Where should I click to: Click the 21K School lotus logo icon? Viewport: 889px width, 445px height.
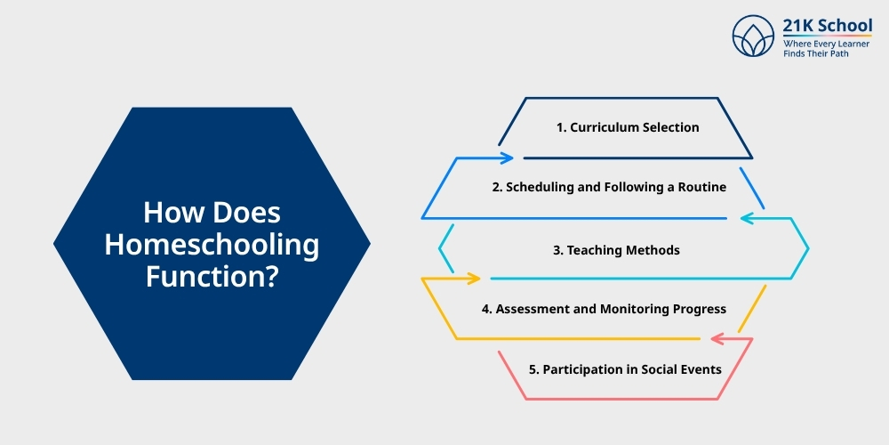[754, 36]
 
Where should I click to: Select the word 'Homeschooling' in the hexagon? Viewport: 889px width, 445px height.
[212, 245]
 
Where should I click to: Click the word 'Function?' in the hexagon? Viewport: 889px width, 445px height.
[212, 275]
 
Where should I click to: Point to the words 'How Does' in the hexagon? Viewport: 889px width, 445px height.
[212, 214]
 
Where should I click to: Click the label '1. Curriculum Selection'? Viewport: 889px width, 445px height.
[628, 127]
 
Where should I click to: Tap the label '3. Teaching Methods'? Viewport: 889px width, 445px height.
[616, 250]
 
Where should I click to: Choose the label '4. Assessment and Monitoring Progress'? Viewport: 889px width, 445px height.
[604, 309]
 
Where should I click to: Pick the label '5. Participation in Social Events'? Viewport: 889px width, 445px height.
[625, 368]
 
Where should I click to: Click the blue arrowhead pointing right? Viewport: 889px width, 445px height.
[507, 158]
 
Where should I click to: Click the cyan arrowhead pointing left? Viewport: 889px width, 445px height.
[748, 217]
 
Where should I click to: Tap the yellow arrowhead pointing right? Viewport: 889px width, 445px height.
[473, 279]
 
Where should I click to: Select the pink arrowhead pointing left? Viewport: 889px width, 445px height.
[717, 338]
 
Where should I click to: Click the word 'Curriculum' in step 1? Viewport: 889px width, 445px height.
[602, 127]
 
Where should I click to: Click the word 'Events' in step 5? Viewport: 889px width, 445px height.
[701, 368]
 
